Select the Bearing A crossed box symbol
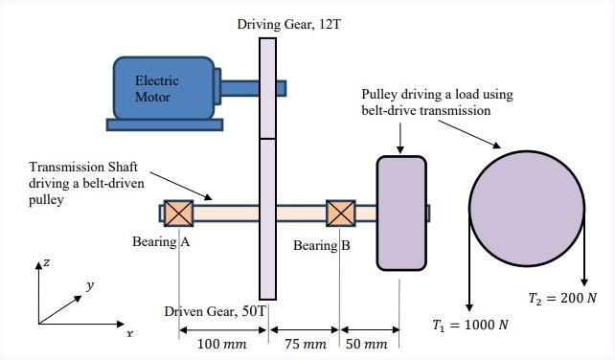(178, 213)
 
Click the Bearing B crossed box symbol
(340, 213)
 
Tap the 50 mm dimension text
(369, 342)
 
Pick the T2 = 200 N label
(562, 298)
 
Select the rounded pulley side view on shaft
(401, 213)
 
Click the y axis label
(89, 285)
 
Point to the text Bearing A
(160, 242)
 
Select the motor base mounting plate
(166, 124)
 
